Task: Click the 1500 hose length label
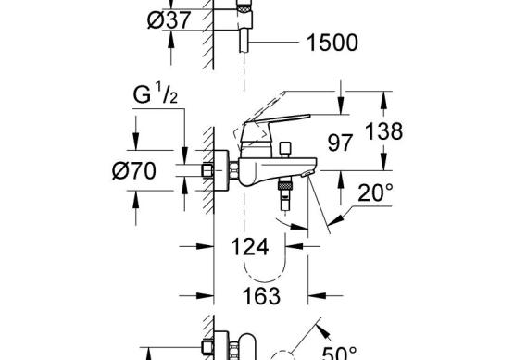332,43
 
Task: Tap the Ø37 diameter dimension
169,20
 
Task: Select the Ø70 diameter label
134,170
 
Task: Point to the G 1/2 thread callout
156,94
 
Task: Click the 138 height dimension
383,131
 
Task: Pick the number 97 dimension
340,143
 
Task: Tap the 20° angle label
375,192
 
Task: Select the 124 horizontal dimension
250,246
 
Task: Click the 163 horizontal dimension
261,296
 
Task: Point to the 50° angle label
340,354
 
